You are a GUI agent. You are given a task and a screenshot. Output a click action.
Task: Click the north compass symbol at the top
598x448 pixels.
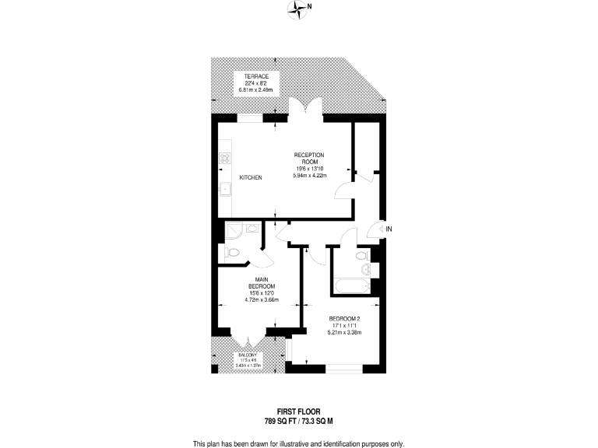(299, 9)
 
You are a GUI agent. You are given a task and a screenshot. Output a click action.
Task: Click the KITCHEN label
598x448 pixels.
(250, 177)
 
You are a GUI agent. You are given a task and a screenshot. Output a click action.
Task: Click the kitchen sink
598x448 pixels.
(223, 187)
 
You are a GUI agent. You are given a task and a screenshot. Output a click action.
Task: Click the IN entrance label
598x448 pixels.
(389, 229)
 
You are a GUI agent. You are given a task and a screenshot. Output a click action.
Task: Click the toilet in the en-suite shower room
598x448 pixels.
(234, 253)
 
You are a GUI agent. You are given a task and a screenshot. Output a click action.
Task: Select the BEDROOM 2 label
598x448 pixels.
(343, 319)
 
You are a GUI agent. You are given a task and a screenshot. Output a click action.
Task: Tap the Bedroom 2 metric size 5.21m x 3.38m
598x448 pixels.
(343, 332)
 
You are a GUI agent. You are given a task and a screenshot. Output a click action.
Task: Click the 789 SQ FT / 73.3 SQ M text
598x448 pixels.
(299, 420)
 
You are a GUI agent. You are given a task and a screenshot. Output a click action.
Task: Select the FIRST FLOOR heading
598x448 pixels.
(299, 411)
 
